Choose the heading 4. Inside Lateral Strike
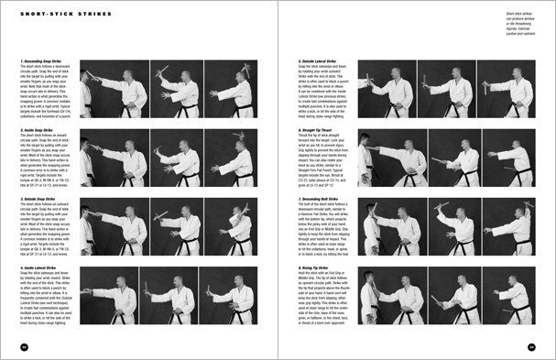coord(41,268)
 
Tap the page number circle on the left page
coord(23,345)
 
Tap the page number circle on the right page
coord(531,345)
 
